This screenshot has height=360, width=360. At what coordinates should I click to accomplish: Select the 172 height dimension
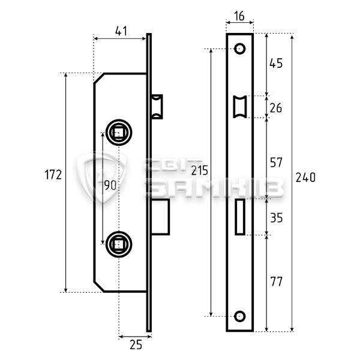[x=54, y=175]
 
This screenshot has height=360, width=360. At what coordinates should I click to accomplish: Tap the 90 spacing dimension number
[x=110, y=185]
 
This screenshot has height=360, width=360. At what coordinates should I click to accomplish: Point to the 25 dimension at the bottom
[x=136, y=345]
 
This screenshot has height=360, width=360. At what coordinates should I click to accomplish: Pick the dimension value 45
[x=276, y=63]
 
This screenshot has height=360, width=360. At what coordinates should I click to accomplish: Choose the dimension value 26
[x=276, y=107]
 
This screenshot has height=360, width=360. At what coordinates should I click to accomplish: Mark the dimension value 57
[x=276, y=162]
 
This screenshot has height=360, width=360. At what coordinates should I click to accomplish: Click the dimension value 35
[x=276, y=218]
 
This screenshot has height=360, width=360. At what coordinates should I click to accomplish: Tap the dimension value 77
[x=276, y=281]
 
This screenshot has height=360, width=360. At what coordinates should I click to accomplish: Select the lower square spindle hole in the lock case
[x=118, y=244]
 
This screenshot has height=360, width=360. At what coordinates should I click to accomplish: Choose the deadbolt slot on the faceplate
[x=241, y=217]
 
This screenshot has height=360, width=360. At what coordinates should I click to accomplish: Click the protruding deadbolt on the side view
[x=161, y=217]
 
